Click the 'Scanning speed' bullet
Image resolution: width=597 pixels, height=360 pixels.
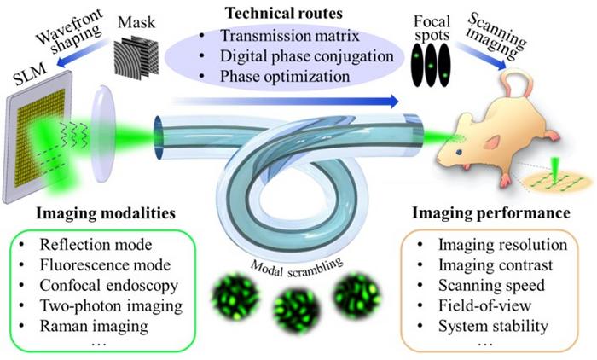[491, 285]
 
